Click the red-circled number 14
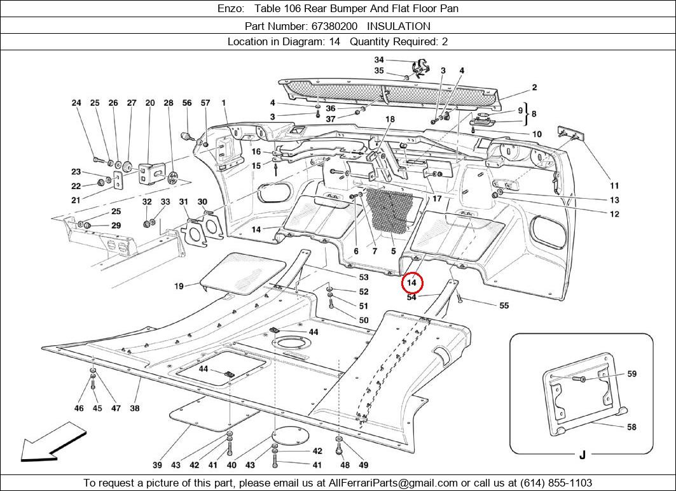pyautogui.click(x=412, y=282)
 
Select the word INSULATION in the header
pyautogui.click(x=399, y=26)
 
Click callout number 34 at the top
pyautogui.click(x=379, y=60)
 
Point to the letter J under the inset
pyautogui.click(x=582, y=455)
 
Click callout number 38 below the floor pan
pyautogui.click(x=135, y=408)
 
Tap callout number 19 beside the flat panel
pyautogui.click(x=179, y=287)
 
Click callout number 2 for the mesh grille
pyautogui.click(x=535, y=87)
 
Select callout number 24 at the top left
pyautogui.click(x=76, y=103)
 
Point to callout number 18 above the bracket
pyautogui.click(x=390, y=119)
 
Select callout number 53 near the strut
pyautogui.click(x=363, y=278)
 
